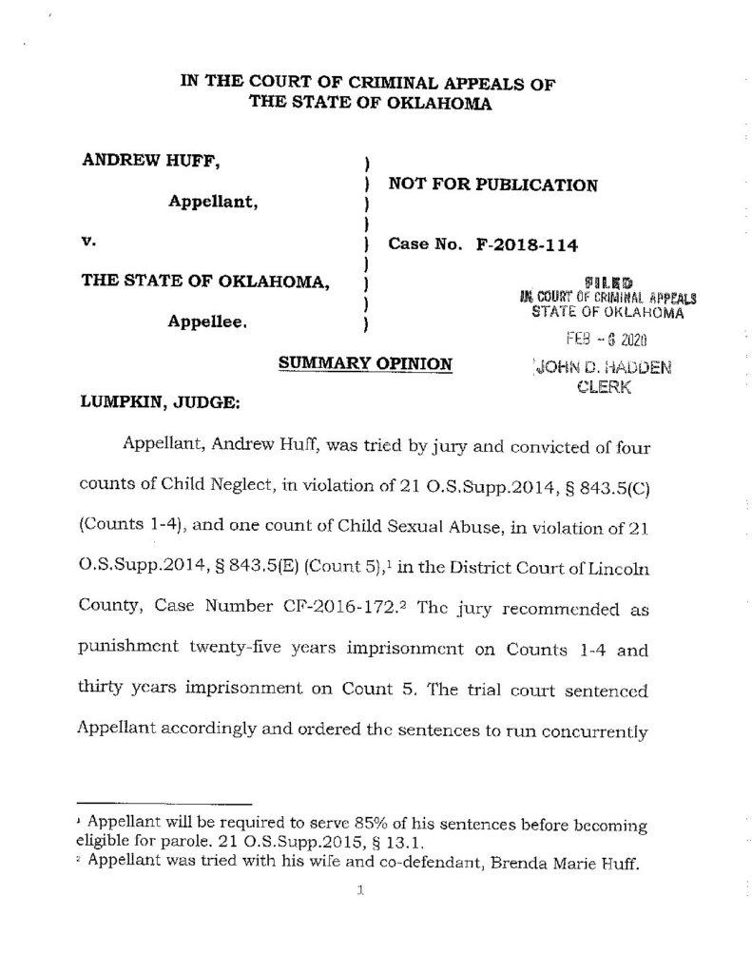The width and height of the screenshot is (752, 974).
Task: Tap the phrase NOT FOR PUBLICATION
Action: click(493, 185)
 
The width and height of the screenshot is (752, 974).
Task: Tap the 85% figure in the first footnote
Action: click(311, 826)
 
